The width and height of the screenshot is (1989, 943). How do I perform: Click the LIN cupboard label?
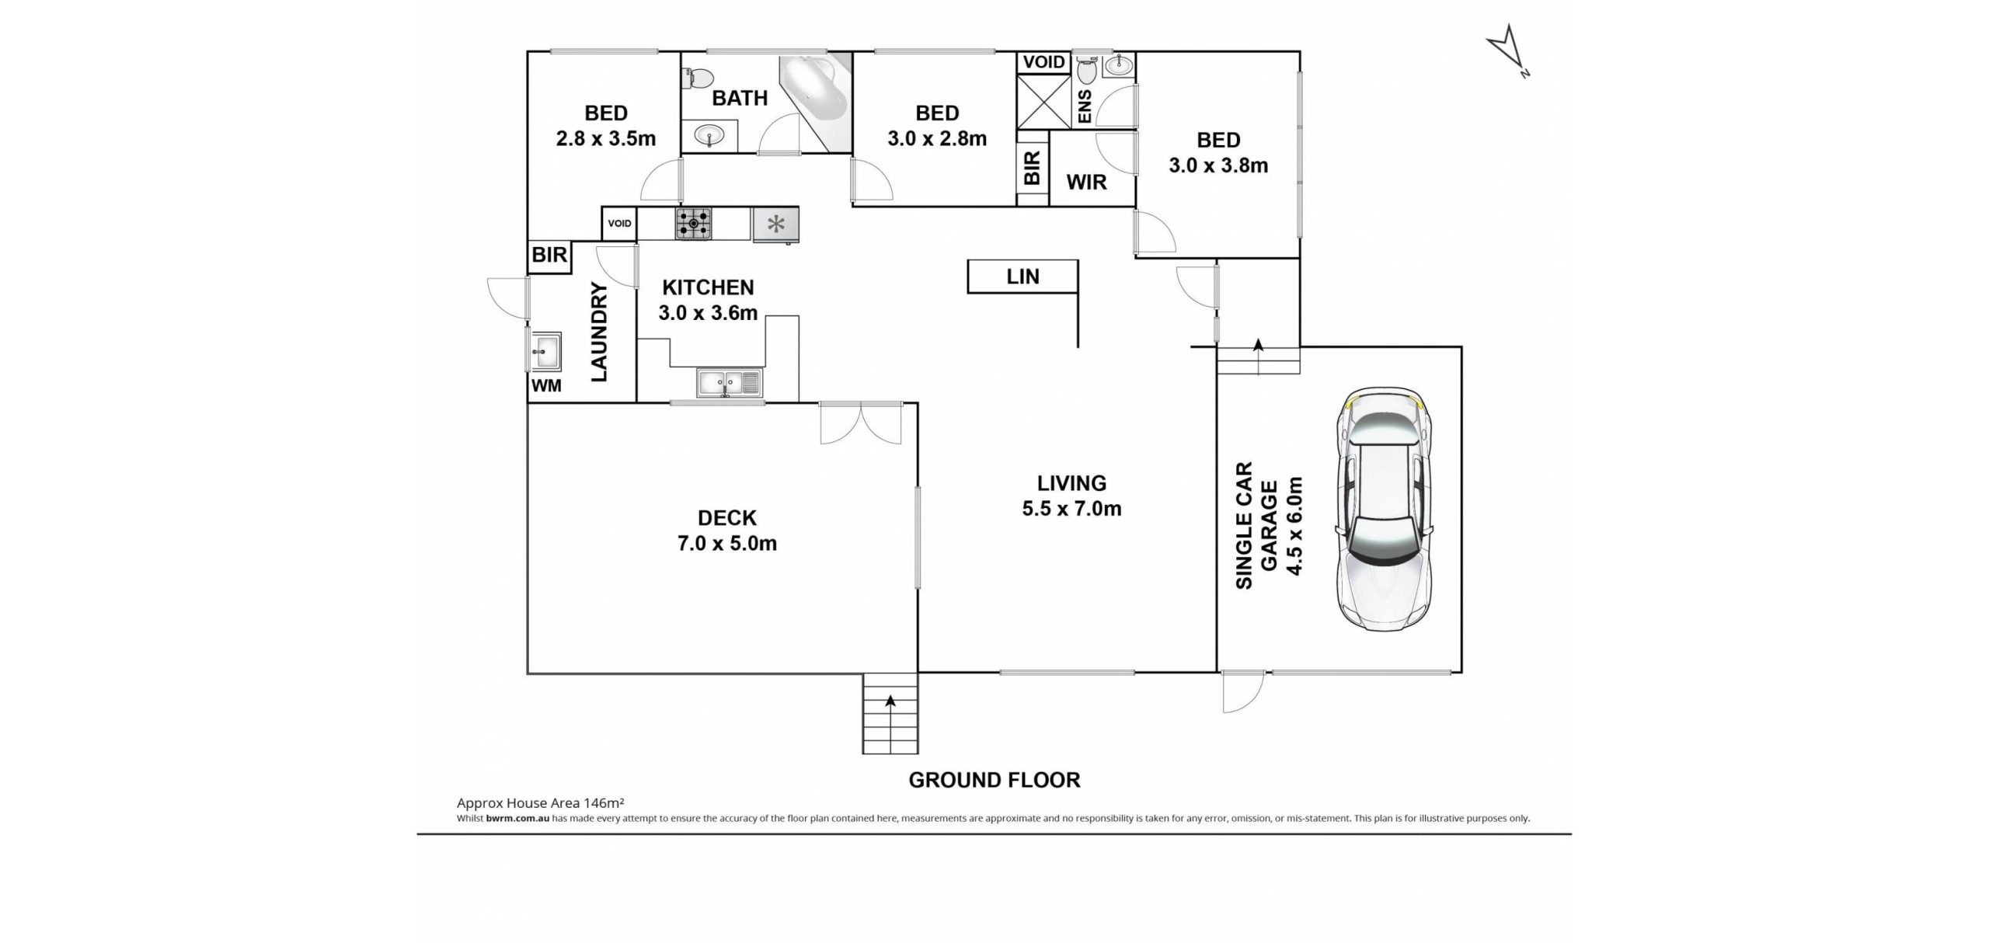1022,277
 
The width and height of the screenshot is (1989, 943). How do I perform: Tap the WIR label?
1086,183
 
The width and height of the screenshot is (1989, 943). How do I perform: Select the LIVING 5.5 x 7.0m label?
1071,496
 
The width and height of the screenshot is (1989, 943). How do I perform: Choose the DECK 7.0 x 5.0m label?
726,531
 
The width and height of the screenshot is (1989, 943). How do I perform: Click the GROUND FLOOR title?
994,780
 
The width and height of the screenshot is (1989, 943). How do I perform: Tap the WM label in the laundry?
546,385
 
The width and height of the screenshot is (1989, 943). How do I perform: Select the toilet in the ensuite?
1085,69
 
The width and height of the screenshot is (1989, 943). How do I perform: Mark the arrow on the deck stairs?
890,701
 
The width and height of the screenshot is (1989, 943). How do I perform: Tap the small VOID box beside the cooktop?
619,224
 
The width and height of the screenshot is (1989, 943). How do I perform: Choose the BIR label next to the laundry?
549,255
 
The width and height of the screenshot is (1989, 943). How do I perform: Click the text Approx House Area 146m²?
541,803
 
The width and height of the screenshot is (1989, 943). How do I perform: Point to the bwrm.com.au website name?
518,818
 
